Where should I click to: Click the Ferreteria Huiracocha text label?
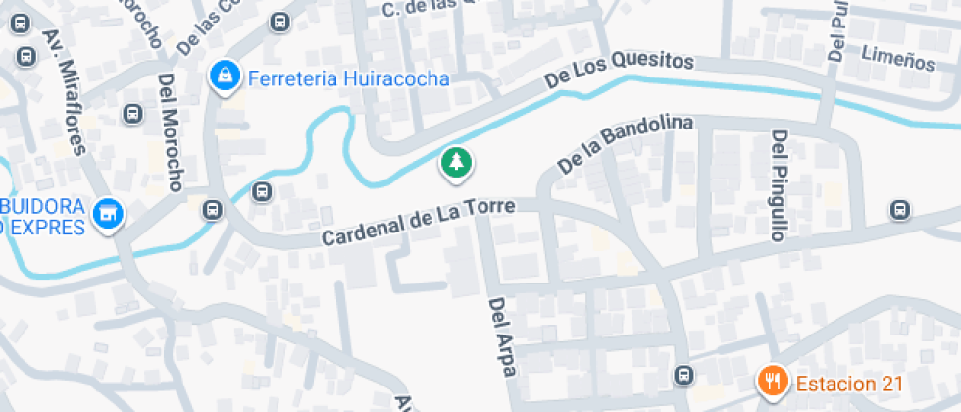(348, 78)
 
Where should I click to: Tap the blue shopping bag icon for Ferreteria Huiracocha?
(225, 76)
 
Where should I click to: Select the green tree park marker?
(455, 163)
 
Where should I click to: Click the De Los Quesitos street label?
(620, 72)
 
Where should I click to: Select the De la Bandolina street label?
(625, 146)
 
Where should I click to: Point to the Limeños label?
(897, 59)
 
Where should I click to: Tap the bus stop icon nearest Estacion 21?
(684, 374)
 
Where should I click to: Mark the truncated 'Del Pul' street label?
(836, 29)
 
